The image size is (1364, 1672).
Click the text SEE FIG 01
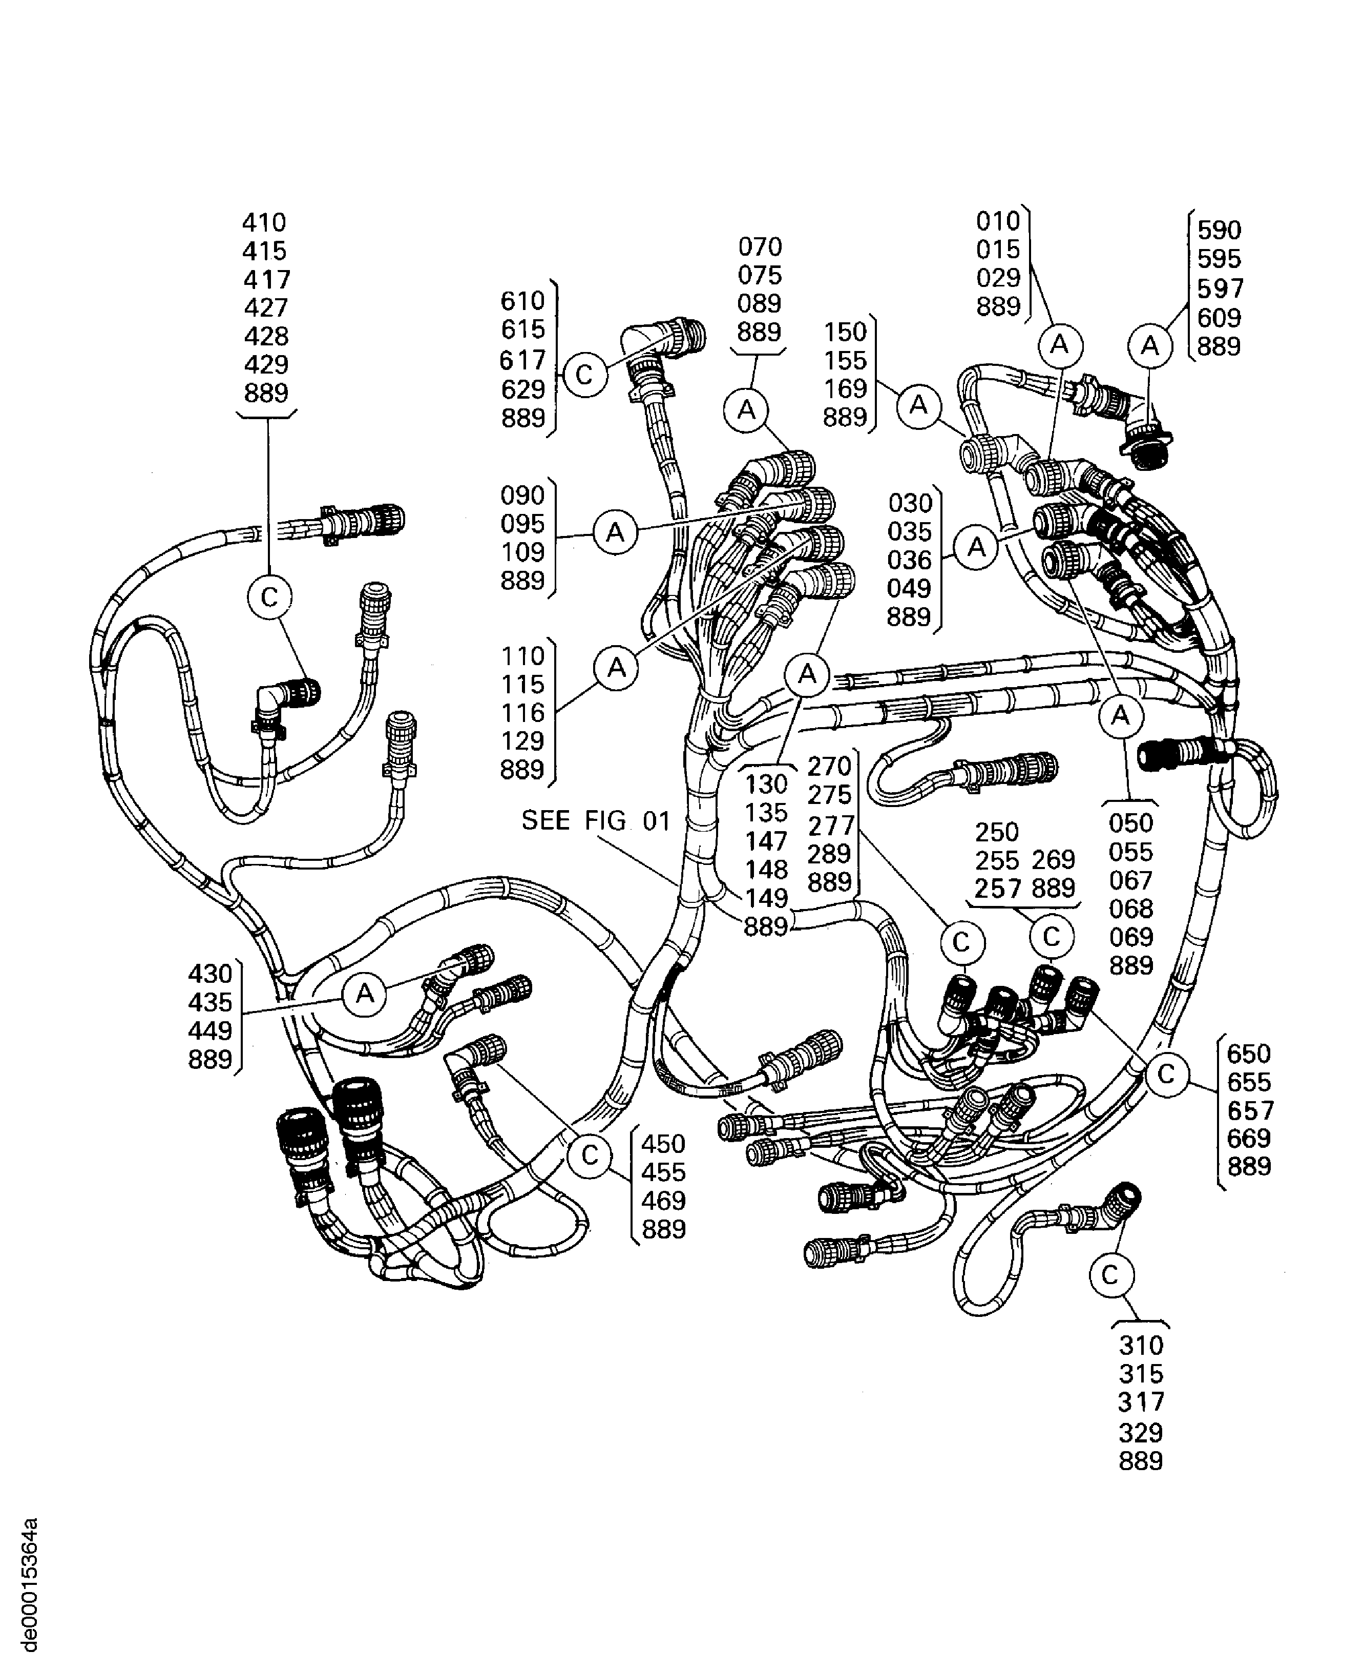596,821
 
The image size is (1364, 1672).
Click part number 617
522,360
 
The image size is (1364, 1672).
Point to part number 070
760,247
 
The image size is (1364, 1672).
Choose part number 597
1220,288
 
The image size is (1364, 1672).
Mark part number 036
909,560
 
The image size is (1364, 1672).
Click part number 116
522,712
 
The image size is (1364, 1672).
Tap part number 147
766,841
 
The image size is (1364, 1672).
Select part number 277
830,825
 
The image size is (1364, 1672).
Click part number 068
1130,909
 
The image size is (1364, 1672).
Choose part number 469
664,1201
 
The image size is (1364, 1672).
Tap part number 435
210,1002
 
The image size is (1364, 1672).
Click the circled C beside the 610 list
584,375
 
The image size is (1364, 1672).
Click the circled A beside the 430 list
365,995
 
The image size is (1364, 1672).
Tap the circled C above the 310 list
1110,1274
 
